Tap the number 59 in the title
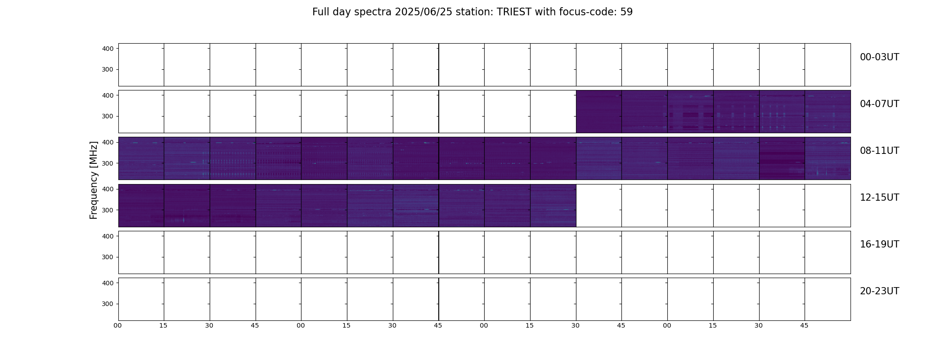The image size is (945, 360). (x=626, y=12)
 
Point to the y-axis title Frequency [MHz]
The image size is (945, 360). (x=94, y=180)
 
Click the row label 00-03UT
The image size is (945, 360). (x=879, y=57)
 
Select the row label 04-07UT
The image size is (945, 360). (x=879, y=104)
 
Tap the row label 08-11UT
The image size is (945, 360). (x=879, y=151)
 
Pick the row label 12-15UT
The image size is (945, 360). (x=879, y=198)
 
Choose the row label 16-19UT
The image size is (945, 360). (x=879, y=244)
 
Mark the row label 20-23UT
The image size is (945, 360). (x=879, y=291)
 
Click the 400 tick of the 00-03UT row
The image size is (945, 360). (x=108, y=49)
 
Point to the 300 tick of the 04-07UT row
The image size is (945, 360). (x=108, y=117)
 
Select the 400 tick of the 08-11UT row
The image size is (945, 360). (x=108, y=143)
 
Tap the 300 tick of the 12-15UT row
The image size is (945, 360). (x=108, y=210)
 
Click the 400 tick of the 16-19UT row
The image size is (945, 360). (x=108, y=236)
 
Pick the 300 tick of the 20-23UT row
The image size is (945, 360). (x=108, y=304)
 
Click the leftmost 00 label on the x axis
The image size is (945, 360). (x=118, y=326)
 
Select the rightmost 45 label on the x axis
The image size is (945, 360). (x=805, y=326)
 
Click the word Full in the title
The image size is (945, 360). (x=320, y=12)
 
